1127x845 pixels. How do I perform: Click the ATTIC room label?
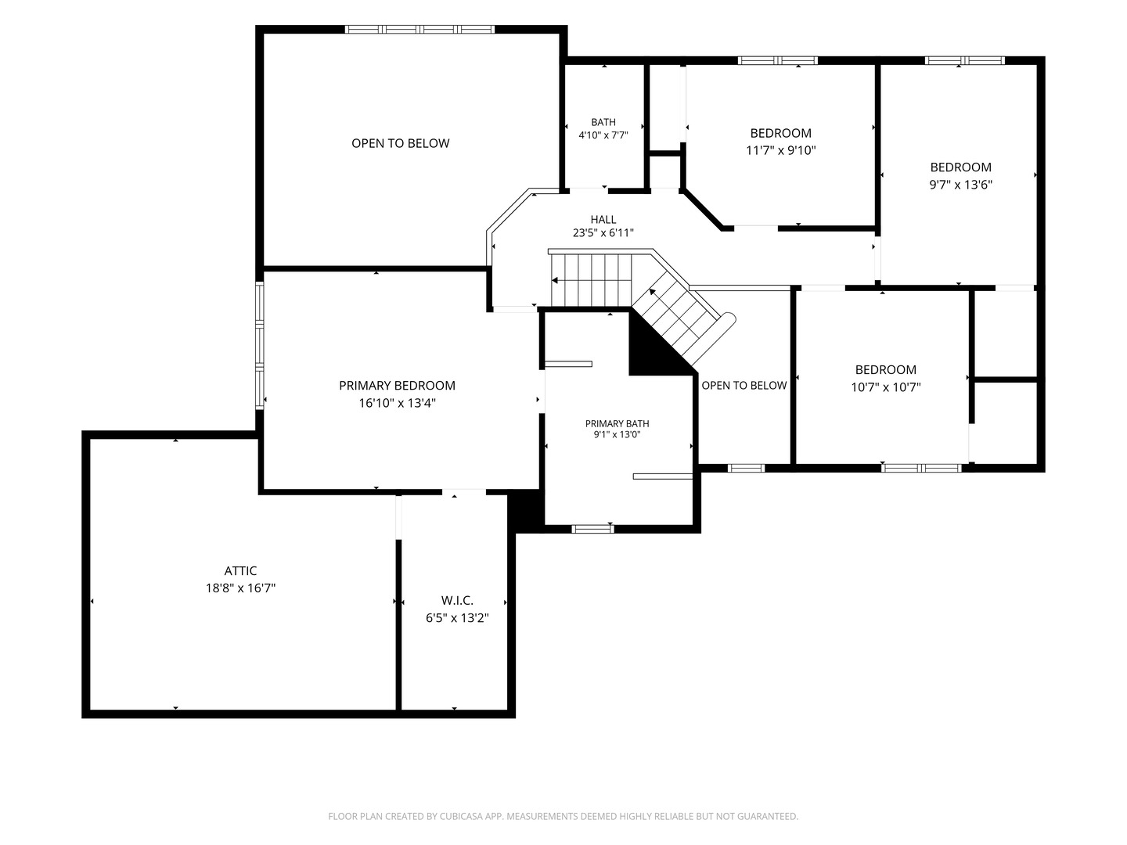pos(240,570)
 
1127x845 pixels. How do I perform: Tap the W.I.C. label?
pos(457,600)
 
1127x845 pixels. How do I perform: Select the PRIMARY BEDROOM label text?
pos(397,385)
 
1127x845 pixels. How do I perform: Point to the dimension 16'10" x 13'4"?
pos(397,403)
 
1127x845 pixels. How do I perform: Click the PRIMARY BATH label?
pos(618,424)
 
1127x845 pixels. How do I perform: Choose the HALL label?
pos(603,220)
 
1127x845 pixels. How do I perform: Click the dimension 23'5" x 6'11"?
pos(603,233)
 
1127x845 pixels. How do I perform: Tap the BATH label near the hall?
pos(603,122)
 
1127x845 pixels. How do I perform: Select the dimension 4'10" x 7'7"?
pos(603,135)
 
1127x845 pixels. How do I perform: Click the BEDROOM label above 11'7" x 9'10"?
pos(781,133)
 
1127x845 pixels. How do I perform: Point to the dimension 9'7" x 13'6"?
pos(960,185)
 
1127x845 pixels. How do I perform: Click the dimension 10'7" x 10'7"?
pos(886,387)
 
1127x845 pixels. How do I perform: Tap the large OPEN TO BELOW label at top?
pos(401,143)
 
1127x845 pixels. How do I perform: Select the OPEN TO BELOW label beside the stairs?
pos(744,385)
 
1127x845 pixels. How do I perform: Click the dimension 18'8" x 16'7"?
pos(240,588)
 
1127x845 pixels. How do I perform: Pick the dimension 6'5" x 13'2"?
pos(457,618)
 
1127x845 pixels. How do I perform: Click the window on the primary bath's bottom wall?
pos(592,529)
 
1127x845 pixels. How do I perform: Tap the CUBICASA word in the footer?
pos(460,816)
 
